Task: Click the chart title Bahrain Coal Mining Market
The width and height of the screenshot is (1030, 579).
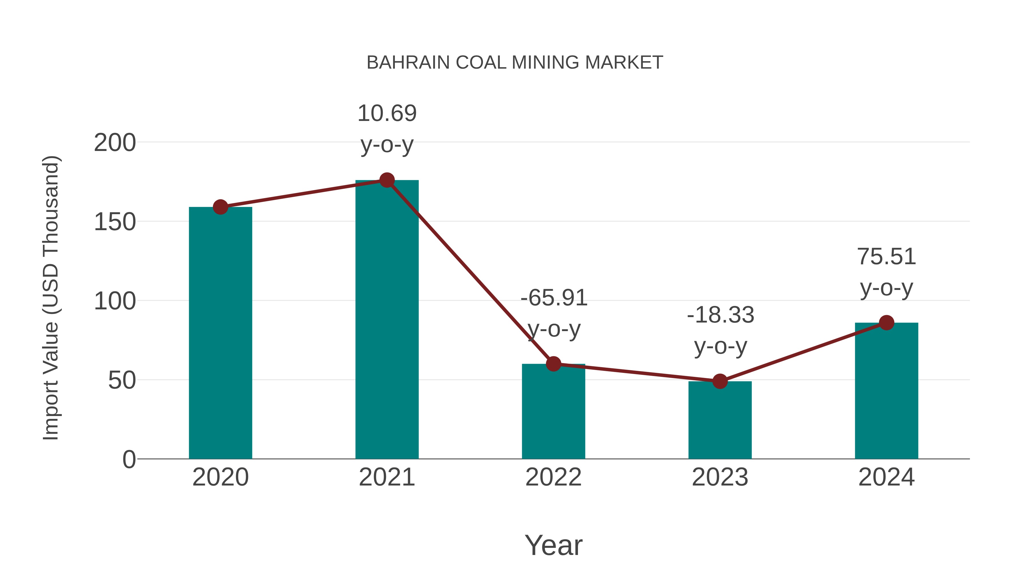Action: (515, 63)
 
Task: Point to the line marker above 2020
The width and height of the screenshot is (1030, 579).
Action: (220, 207)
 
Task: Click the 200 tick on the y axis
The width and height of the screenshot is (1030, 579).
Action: (115, 143)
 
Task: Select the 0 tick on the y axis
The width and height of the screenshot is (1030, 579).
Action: (129, 459)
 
